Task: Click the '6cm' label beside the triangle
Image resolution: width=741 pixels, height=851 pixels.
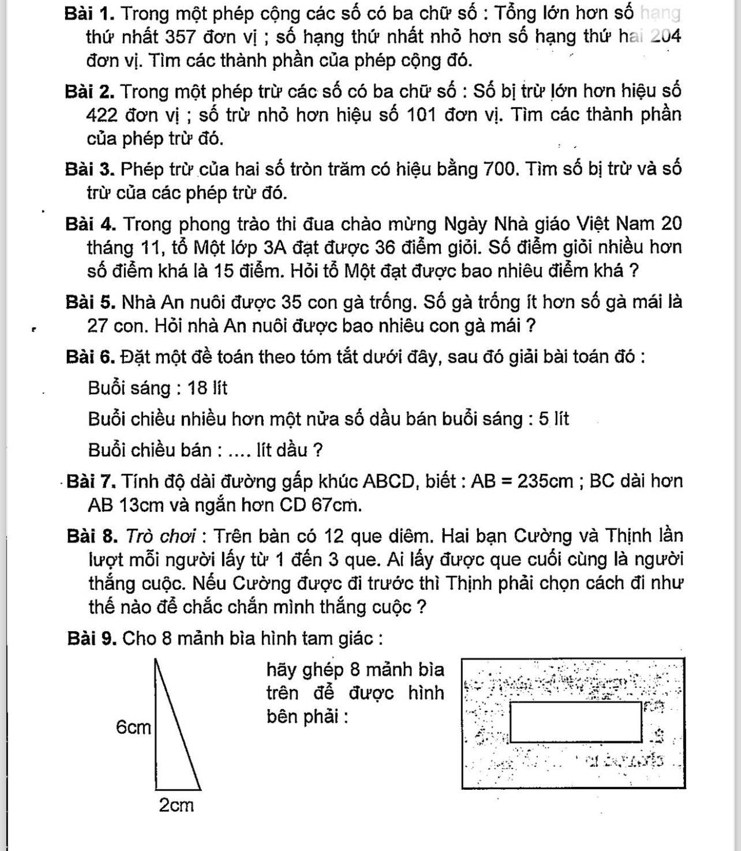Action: (x=133, y=728)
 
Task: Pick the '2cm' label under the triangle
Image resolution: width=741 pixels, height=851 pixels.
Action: (x=176, y=805)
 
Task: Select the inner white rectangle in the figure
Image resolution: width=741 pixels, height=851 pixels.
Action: (x=575, y=722)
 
